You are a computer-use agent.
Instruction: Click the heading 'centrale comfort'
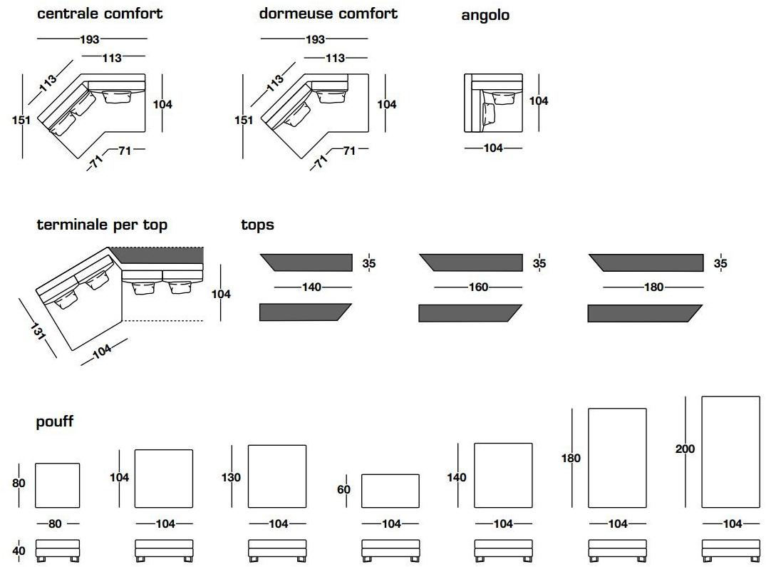(100, 14)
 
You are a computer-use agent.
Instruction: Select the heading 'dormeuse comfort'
(328, 14)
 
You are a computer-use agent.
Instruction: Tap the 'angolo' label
(485, 15)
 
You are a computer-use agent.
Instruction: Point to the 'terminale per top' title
(102, 225)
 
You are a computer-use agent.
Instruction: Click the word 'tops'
(257, 225)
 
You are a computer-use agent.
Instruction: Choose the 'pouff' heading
(55, 422)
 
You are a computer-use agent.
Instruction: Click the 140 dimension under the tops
(311, 287)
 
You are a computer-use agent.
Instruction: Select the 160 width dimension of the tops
(479, 287)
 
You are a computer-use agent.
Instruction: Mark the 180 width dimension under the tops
(653, 287)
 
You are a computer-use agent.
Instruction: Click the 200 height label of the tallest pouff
(685, 449)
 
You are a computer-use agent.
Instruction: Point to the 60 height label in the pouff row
(344, 490)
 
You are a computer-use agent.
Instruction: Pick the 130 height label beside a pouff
(231, 477)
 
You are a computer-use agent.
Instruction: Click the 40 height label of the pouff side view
(19, 551)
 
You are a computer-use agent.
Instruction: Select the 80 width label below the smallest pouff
(55, 524)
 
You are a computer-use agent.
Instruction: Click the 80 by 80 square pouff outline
(57, 486)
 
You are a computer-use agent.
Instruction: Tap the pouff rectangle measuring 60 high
(390, 491)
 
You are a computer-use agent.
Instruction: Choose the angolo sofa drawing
(493, 103)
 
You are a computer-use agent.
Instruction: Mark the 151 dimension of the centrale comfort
(21, 120)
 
